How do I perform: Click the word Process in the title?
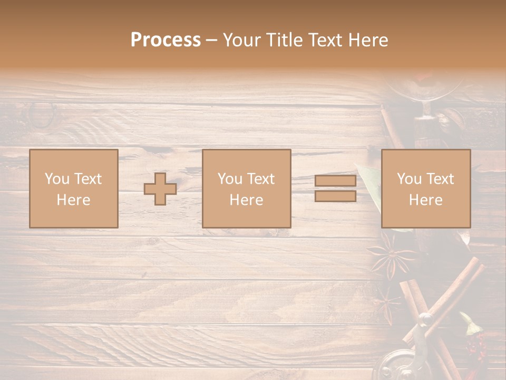[x=166, y=40]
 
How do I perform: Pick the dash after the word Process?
[x=211, y=41]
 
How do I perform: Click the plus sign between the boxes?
[x=160, y=189]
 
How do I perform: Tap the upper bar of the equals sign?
[x=335, y=181]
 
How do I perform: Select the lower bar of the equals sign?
[x=335, y=196]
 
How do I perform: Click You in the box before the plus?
[x=56, y=179]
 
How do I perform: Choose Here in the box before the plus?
[x=73, y=200]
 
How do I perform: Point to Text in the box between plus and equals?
[x=260, y=179]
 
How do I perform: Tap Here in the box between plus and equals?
[x=246, y=200]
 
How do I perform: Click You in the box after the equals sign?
[x=409, y=179]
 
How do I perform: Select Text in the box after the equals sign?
[x=440, y=179]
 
